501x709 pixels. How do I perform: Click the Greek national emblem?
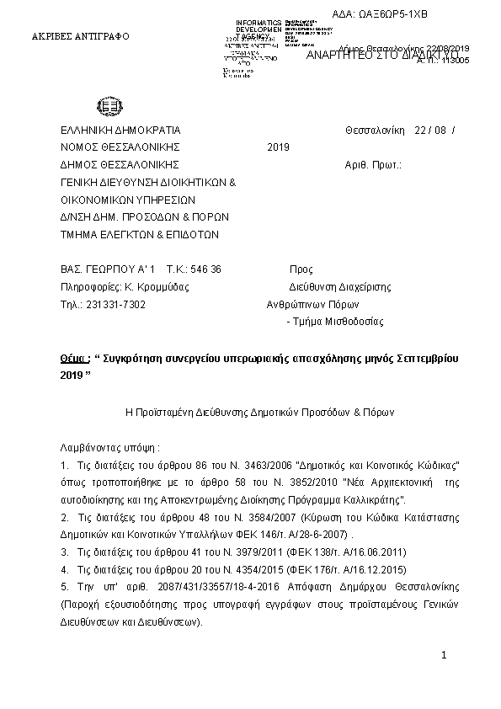tap(108, 108)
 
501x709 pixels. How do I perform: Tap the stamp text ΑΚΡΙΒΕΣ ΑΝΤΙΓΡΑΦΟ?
tap(80, 38)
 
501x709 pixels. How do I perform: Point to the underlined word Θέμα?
tap(74, 358)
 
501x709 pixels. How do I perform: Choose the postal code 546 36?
tap(205, 269)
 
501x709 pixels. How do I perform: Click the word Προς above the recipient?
tap(301, 269)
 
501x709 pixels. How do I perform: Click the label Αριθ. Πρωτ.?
tap(373, 165)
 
